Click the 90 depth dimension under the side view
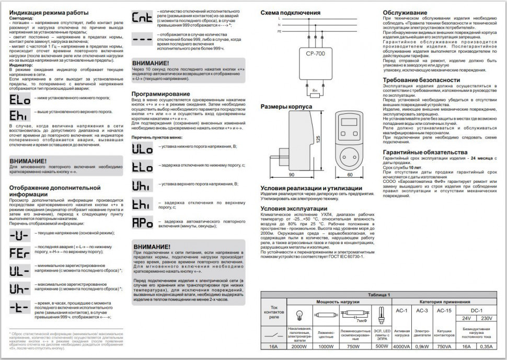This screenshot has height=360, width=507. point(291,175)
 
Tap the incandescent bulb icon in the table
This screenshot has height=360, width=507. point(299,315)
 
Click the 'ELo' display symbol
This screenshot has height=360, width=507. point(20,98)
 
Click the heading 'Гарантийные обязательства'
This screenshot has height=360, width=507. point(422,151)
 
